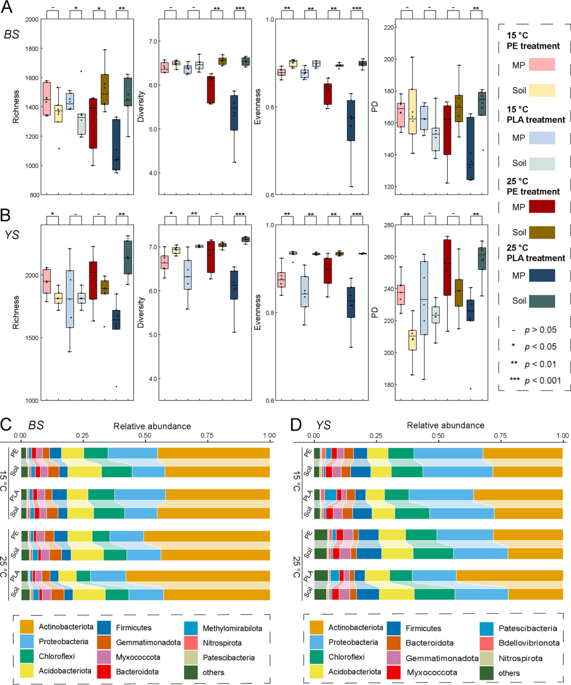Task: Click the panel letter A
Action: (7, 7)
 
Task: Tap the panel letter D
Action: (296, 424)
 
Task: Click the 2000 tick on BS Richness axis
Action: (32, 20)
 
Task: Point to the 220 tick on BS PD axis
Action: (389, 28)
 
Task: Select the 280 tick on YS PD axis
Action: (389, 225)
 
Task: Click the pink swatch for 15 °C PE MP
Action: (541, 65)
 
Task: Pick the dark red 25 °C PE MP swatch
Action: (541, 206)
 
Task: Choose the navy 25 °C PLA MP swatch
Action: (541, 275)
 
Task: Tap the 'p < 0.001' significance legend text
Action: (535, 380)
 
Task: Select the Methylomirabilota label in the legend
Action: (232, 628)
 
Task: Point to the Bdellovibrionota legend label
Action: (529, 643)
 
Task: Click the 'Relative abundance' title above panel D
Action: (445, 425)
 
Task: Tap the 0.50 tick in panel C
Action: (145, 436)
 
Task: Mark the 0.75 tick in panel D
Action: (500, 436)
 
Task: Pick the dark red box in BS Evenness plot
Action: (328, 94)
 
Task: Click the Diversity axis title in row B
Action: (141, 312)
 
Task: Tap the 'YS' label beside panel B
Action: (12, 234)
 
